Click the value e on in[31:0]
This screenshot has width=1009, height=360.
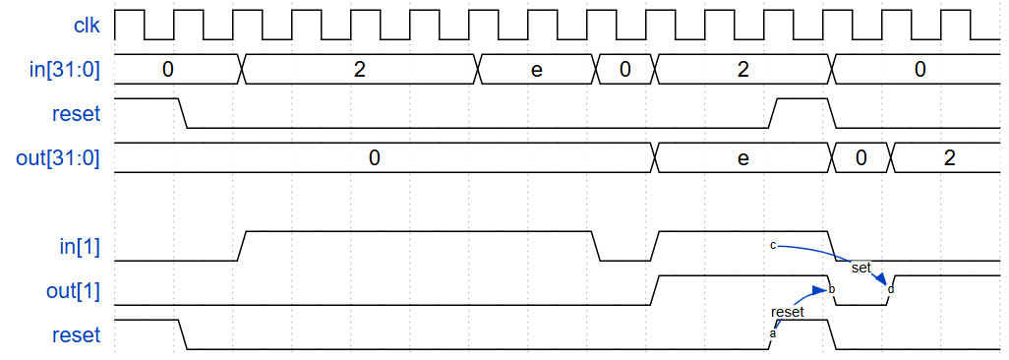536,70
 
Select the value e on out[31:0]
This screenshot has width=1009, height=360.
743,157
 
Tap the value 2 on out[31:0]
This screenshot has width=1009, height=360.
948,157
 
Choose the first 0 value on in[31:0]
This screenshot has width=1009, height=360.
168,70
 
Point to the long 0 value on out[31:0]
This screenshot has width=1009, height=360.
374,157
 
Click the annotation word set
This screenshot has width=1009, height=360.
861,267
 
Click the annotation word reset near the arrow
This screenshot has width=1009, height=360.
788,312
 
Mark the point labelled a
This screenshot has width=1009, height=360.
772,333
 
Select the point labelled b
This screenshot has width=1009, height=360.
832,290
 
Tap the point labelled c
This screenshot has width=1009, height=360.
773,244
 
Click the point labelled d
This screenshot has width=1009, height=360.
891,289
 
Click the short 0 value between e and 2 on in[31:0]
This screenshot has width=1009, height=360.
624,70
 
